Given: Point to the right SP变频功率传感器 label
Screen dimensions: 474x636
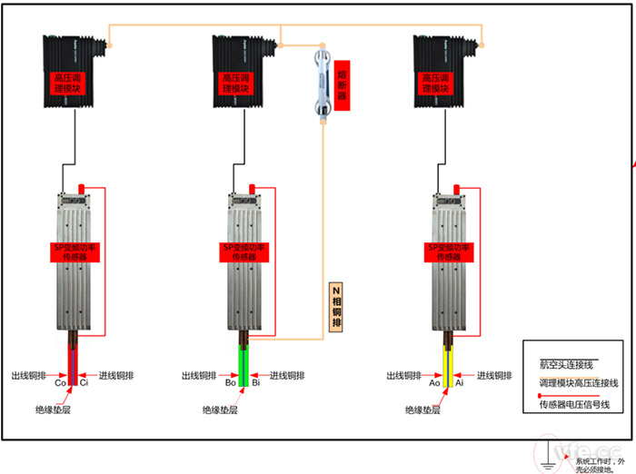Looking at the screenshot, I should pyautogui.click(x=452, y=252).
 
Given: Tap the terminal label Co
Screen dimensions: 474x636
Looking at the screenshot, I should pyautogui.click(x=61, y=383).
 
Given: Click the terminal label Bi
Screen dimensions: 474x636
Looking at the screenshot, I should pyautogui.click(x=256, y=383).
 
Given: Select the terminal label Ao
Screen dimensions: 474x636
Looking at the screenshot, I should pyautogui.click(x=434, y=383).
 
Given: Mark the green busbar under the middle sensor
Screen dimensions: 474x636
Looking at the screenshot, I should pyautogui.click(x=243, y=359).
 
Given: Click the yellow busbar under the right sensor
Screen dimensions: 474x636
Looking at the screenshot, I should pyautogui.click(x=447, y=359).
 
